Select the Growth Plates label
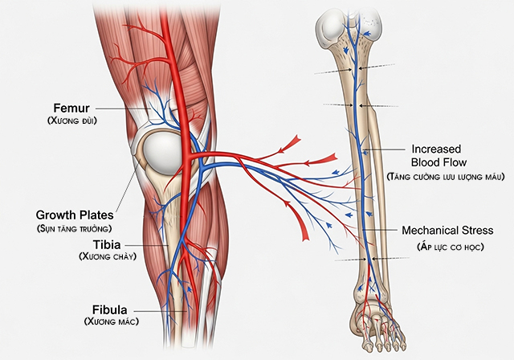pos(75,215)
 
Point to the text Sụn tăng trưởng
pos(75,228)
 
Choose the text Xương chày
pos(107,256)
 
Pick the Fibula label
pos(111,309)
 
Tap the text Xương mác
pos(111,321)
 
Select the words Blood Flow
pos(440,161)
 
